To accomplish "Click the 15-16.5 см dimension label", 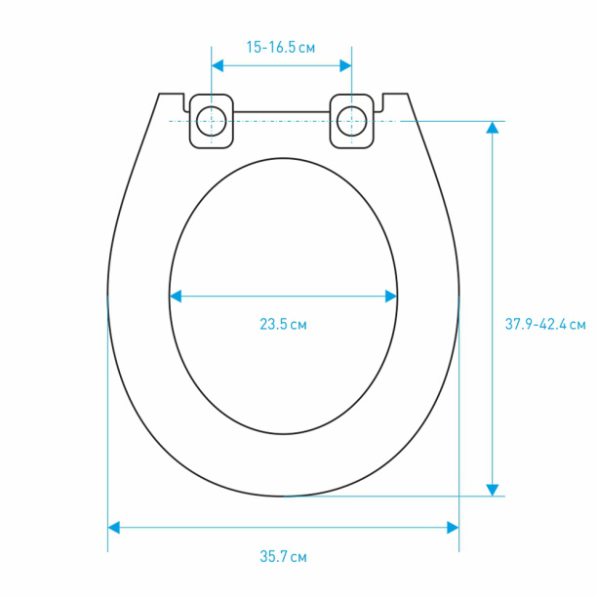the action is click(x=281, y=47).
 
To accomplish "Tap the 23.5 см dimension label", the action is click(x=283, y=325).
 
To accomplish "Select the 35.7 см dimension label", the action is click(x=283, y=557).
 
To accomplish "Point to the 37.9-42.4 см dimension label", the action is click(x=545, y=325).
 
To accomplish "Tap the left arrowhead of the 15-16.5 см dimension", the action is click(x=218, y=66).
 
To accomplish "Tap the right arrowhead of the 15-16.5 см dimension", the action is click(x=345, y=66).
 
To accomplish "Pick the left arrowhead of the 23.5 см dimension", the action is click(x=176, y=297).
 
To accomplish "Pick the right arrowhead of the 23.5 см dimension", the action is click(x=391, y=297).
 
